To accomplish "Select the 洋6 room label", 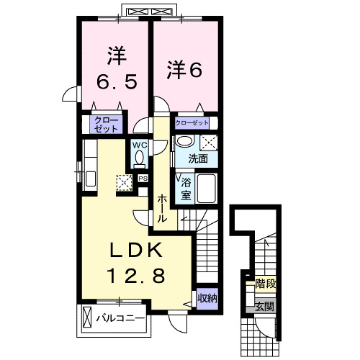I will pos(185,70).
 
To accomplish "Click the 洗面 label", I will pos(198,158).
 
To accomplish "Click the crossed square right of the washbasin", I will pos(209,141).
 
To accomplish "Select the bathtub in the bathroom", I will pos(207,189).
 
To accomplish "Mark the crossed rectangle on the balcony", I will pos(87,317).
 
